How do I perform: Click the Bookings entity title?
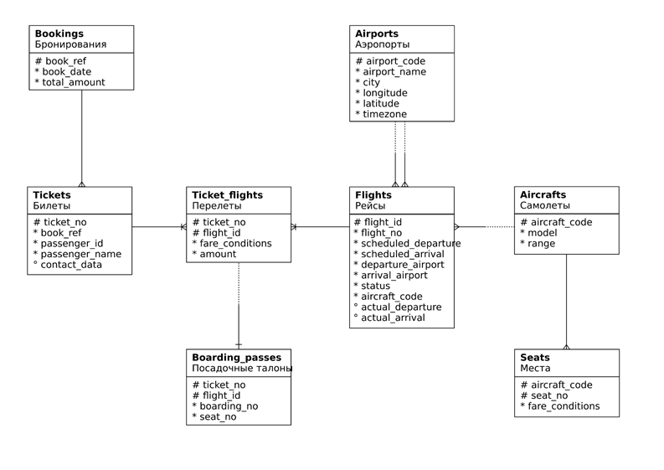click(x=59, y=34)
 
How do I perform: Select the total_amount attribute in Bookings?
click(x=73, y=82)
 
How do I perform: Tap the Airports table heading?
click(x=377, y=34)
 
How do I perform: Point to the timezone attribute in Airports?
click(x=384, y=114)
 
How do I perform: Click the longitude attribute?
click(x=385, y=93)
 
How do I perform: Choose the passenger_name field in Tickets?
click(x=81, y=255)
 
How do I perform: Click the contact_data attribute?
click(x=71, y=265)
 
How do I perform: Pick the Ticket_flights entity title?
click(x=228, y=195)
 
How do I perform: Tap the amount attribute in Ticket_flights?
click(x=218, y=254)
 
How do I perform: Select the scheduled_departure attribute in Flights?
click(x=411, y=243)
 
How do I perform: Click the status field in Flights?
click(x=375, y=286)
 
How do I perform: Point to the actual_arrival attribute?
click(x=393, y=318)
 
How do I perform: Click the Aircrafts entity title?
click(x=543, y=194)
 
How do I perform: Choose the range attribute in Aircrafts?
click(x=541, y=244)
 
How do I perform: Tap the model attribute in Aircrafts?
click(x=542, y=233)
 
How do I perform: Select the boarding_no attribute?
click(x=229, y=406)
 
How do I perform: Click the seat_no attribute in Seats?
click(x=549, y=395)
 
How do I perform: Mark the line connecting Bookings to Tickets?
click(x=82, y=138)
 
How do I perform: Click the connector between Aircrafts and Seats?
click(x=567, y=302)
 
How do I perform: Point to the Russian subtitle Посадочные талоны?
click(x=242, y=369)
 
